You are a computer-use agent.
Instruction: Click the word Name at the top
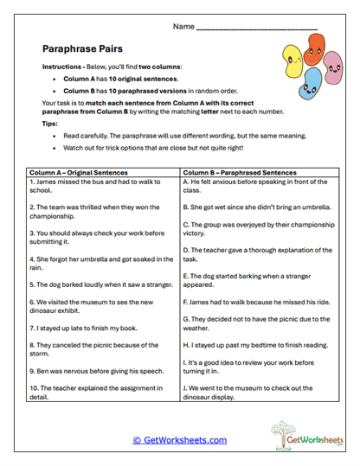pyautogui.click(x=183, y=27)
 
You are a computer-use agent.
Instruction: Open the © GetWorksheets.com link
pyautogui.click(x=179, y=440)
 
